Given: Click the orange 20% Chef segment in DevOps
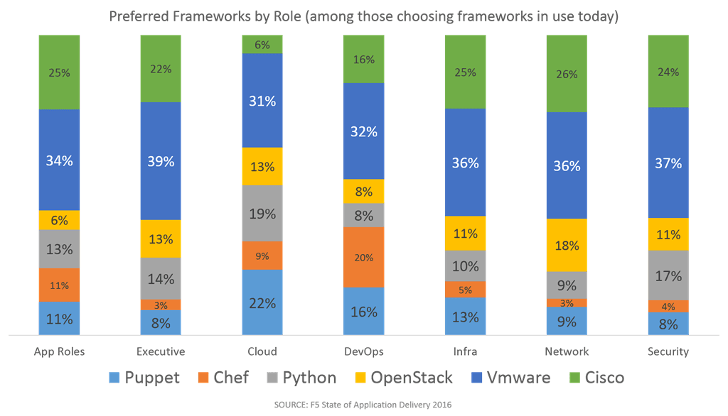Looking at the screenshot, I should (363, 258).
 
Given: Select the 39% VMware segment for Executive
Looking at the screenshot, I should (161, 161).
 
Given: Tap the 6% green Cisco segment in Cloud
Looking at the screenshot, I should (262, 44).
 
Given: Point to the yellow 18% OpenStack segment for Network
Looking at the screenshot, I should (567, 246).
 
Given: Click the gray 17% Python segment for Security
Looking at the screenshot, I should (668, 275).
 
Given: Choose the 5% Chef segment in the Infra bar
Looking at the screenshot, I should (465, 290).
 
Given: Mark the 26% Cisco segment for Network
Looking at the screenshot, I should (567, 74).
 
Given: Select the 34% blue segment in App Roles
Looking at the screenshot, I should (59, 160).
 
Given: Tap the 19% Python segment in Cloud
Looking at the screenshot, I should (262, 214).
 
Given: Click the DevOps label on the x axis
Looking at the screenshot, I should (363, 351).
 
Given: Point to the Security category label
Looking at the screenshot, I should (668, 351).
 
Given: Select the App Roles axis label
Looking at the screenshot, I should (59, 351).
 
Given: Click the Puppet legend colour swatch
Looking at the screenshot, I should (114, 378).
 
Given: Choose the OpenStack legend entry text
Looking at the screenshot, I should (412, 378).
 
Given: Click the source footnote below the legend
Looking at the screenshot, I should (363, 405).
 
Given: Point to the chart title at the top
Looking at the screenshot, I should (363, 16).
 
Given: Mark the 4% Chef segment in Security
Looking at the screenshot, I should (668, 307).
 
